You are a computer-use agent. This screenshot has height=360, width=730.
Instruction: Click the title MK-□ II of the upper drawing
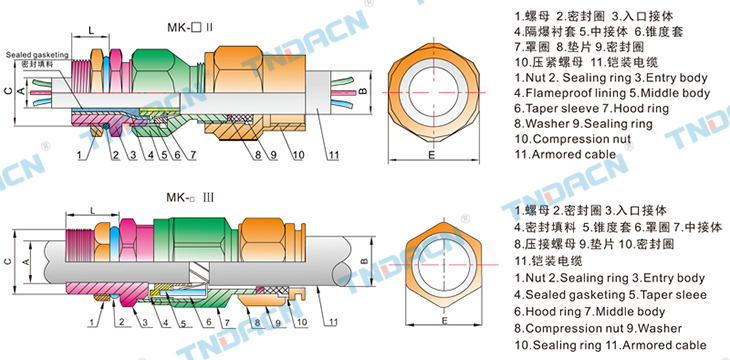pyautogui.click(x=190, y=27)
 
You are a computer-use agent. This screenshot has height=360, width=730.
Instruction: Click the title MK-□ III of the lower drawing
pyautogui.click(x=190, y=198)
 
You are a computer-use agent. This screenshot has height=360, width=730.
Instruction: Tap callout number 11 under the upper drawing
pyautogui.click(x=331, y=156)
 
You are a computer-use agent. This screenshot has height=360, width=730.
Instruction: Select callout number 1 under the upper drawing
pyautogui.click(x=80, y=156)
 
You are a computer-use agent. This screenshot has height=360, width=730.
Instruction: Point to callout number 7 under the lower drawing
pyautogui.click(x=226, y=322)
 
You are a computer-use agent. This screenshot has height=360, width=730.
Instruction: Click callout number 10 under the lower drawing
pyautogui.click(x=302, y=321)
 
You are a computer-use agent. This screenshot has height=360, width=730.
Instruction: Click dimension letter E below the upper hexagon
pyautogui.click(x=432, y=155)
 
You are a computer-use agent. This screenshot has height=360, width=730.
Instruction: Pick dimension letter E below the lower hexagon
pyautogui.click(x=445, y=321)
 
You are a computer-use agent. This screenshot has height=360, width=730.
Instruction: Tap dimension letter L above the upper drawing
pyautogui.click(x=91, y=30)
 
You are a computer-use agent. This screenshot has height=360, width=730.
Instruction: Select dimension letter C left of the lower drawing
pyautogui.click(x=8, y=262)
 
